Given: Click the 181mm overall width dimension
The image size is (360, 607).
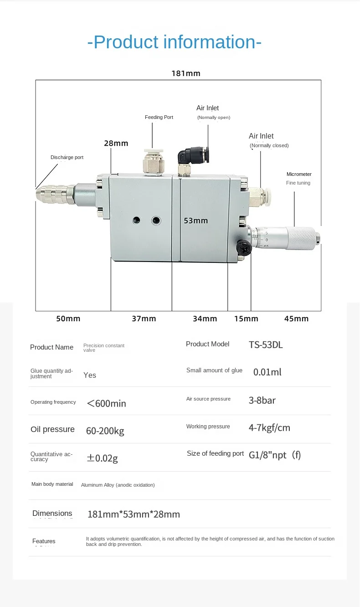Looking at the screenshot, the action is click(x=186, y=73).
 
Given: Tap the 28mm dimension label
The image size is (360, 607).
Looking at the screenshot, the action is click(x=116, y=143).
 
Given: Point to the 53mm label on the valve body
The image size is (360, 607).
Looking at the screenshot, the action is click(x=196, y=221).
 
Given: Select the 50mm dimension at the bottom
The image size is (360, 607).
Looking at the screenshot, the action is click(x=68, y=319).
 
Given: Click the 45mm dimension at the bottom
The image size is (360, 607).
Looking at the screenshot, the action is click(x=296, y=319).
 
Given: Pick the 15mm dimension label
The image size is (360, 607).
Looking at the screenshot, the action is click(x=246, y=319).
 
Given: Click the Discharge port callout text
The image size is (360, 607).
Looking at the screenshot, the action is click(x=67, y=157).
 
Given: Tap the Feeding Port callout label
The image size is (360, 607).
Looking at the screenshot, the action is click(x=159, y=117).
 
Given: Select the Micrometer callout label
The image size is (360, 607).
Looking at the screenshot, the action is click(x=299, y=174).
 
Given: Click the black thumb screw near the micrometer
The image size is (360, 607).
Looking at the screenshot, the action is click(x=243, y=247).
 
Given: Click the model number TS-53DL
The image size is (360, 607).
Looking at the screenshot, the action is click(x=266, y=345).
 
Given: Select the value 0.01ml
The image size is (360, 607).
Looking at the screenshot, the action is click(x=267, y=372).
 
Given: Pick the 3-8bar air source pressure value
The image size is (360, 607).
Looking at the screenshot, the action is click(x=262, y=400).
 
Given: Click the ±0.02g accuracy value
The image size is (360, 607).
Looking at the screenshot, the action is click(x=102, y=458).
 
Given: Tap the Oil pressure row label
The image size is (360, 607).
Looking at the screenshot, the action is click(x=52, y=429).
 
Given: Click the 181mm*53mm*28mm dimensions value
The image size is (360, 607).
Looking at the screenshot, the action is click(x=134, y=514).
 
